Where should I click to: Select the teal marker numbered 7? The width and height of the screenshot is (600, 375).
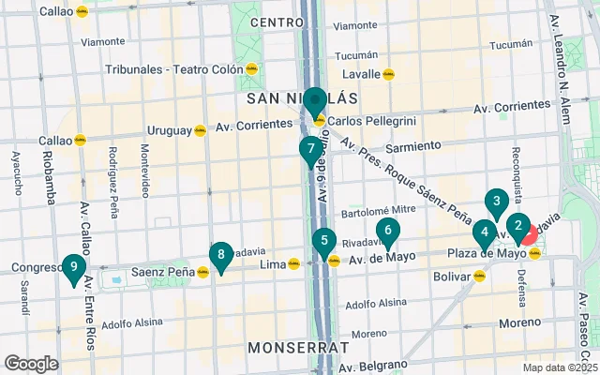[x=310, y=150]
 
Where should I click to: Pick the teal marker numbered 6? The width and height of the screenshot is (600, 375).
[x=387, y=231]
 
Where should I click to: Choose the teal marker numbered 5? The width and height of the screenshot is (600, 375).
[x=323, y=243]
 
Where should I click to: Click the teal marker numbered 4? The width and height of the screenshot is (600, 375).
[x=484, y=233]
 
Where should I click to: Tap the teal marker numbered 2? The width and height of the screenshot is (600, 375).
[x=518, y=226]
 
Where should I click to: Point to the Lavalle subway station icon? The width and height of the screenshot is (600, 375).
[x=388, y=74]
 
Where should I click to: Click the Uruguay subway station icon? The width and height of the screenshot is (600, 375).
[x=201, y=131]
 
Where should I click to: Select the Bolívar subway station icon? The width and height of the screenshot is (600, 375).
[x=480, y=277]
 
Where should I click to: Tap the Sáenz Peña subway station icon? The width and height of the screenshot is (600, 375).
[x=203, y=272]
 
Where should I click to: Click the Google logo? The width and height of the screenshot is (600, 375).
[x=32, y=363]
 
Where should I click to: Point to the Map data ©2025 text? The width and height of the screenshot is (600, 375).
[x=560, y=367]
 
